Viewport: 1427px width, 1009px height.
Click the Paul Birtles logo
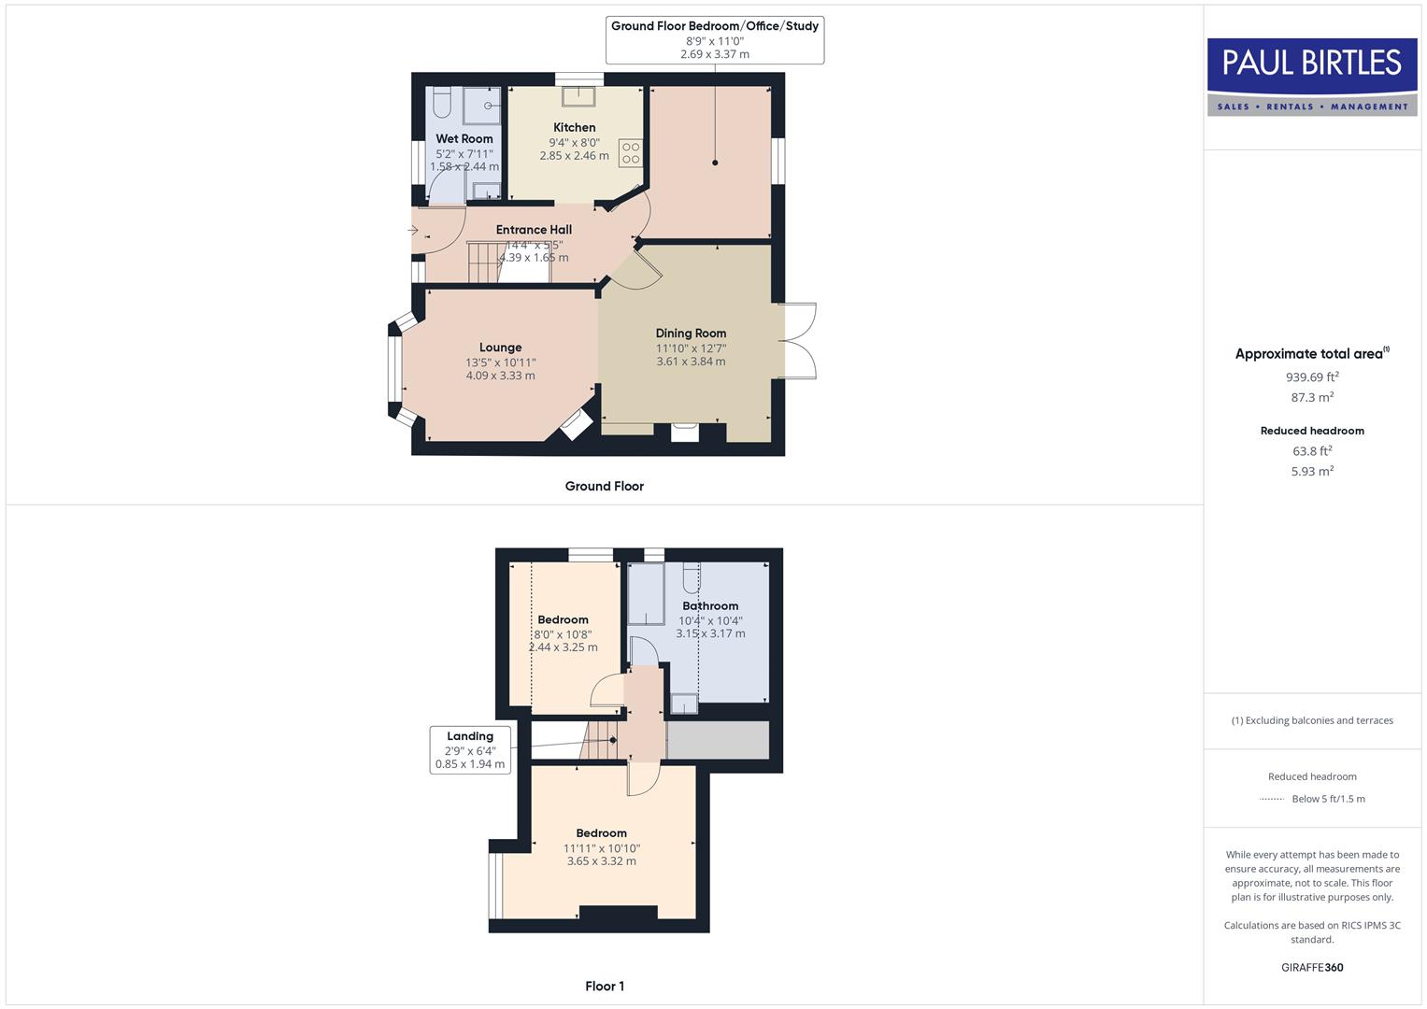1312,76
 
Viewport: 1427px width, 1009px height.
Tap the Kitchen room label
574,127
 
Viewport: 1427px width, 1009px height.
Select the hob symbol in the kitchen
631,152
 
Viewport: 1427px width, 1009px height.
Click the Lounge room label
500,348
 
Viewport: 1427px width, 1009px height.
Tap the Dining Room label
691,333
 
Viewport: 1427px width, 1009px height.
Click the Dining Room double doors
798,341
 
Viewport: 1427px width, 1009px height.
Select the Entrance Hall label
534,230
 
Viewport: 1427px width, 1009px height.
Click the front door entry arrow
413,230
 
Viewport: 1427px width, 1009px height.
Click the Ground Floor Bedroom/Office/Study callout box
715,40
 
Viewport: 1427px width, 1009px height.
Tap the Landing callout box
470,750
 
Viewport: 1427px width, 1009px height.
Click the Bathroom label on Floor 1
710,605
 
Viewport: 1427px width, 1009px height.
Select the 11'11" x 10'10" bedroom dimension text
601,848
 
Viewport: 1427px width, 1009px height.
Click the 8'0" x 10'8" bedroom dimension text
563,634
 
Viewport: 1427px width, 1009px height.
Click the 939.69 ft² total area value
1312,377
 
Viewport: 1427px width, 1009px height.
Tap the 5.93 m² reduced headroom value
1312,472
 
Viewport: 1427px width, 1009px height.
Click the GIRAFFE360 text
1312,968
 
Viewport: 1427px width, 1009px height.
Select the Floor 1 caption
605,987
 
